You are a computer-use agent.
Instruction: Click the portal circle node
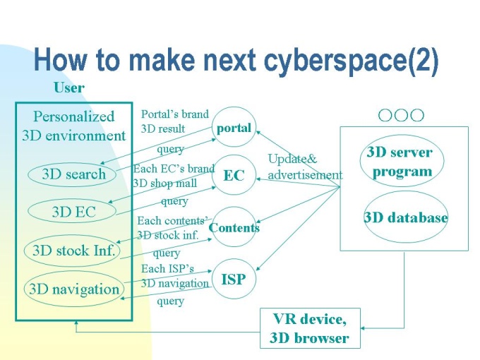234,128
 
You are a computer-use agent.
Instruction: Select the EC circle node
234,175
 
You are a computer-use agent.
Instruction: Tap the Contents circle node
234,227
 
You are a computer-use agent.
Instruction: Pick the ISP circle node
234,279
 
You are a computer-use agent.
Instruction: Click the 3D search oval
73,174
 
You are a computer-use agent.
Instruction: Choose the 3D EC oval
73,212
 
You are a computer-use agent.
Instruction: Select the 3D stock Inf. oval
73,250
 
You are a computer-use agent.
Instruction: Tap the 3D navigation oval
73,289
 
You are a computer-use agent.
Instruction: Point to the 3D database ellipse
406,217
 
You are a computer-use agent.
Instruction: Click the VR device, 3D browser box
309,328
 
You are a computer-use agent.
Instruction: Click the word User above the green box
69,88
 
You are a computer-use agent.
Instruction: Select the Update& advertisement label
304,167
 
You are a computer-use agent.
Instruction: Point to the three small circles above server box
401,115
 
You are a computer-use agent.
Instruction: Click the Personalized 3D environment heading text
73,126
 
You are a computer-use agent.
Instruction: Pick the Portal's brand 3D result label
174,121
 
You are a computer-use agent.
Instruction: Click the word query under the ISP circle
170,301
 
